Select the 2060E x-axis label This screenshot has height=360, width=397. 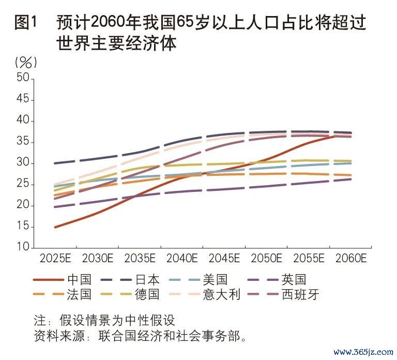pos(351,258)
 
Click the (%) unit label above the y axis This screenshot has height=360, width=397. pos(26,63)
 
